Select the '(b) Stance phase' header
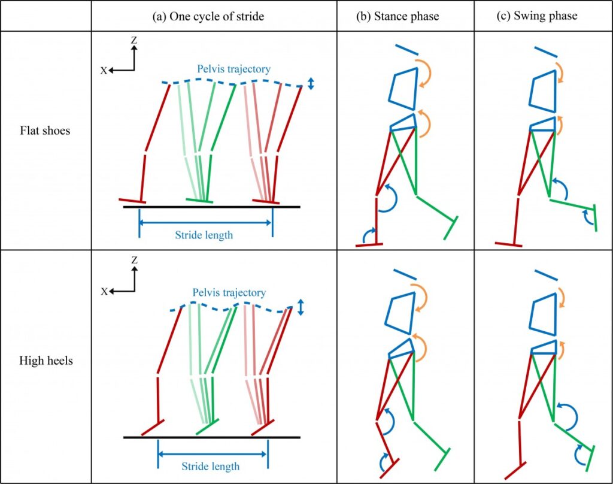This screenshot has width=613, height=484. (x=397, y=16)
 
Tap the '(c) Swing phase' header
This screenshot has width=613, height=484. (x=538, y=16)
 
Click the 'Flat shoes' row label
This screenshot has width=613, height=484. (x=45, y=130)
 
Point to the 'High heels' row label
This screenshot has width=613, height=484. (x=46, y=361)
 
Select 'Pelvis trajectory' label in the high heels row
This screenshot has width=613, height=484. (x=229, y=293)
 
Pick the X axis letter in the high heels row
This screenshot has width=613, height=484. (x=104, y=292)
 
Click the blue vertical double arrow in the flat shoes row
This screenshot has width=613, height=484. (x=311, y=84)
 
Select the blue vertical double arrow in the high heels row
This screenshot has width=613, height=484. (x=301, y=307)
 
